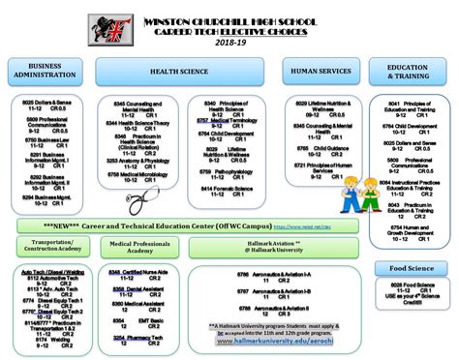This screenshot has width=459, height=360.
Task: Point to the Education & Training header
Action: (409, 72)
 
